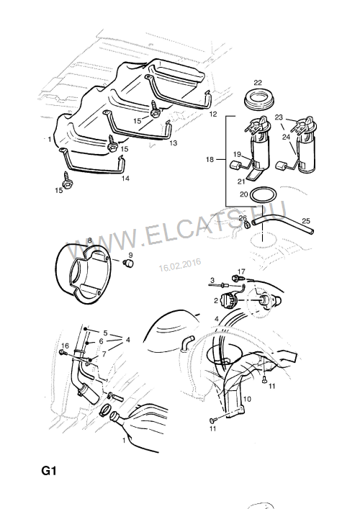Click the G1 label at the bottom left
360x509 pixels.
49,470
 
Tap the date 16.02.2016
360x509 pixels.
180,264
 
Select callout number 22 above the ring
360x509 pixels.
258,83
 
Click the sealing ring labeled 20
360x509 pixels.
264,195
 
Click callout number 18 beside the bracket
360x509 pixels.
210,159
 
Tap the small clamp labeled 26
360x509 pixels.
247,224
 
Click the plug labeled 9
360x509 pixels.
129,263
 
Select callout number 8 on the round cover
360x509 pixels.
89,240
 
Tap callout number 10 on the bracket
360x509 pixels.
247,399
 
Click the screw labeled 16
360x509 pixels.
63,353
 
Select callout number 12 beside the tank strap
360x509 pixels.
213,114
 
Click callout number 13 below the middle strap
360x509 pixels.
174,143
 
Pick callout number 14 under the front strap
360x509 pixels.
125,179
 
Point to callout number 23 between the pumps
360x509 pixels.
279,117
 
